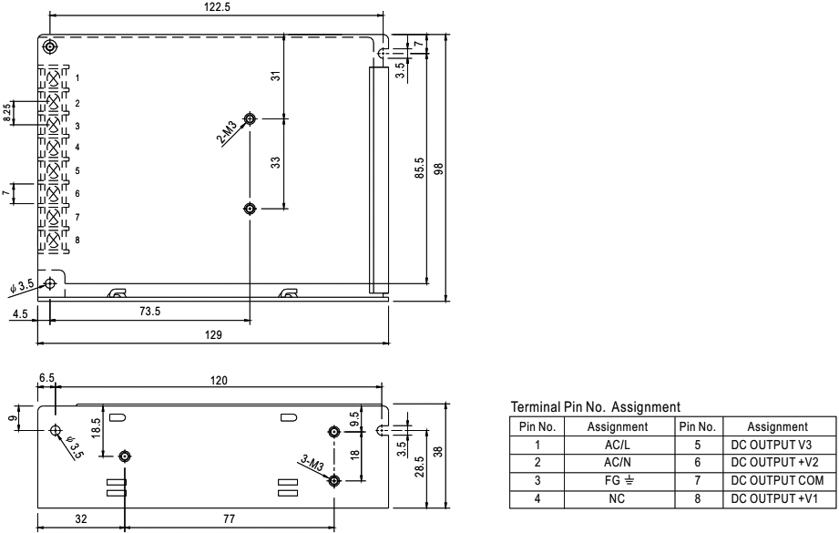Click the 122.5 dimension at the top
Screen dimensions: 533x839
click(215, 7)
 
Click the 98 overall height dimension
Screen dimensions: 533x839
click(439, 169)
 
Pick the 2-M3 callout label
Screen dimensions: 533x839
click(231, 134)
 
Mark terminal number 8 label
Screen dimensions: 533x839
click(77, 240)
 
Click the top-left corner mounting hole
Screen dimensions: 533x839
click(49, 46)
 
